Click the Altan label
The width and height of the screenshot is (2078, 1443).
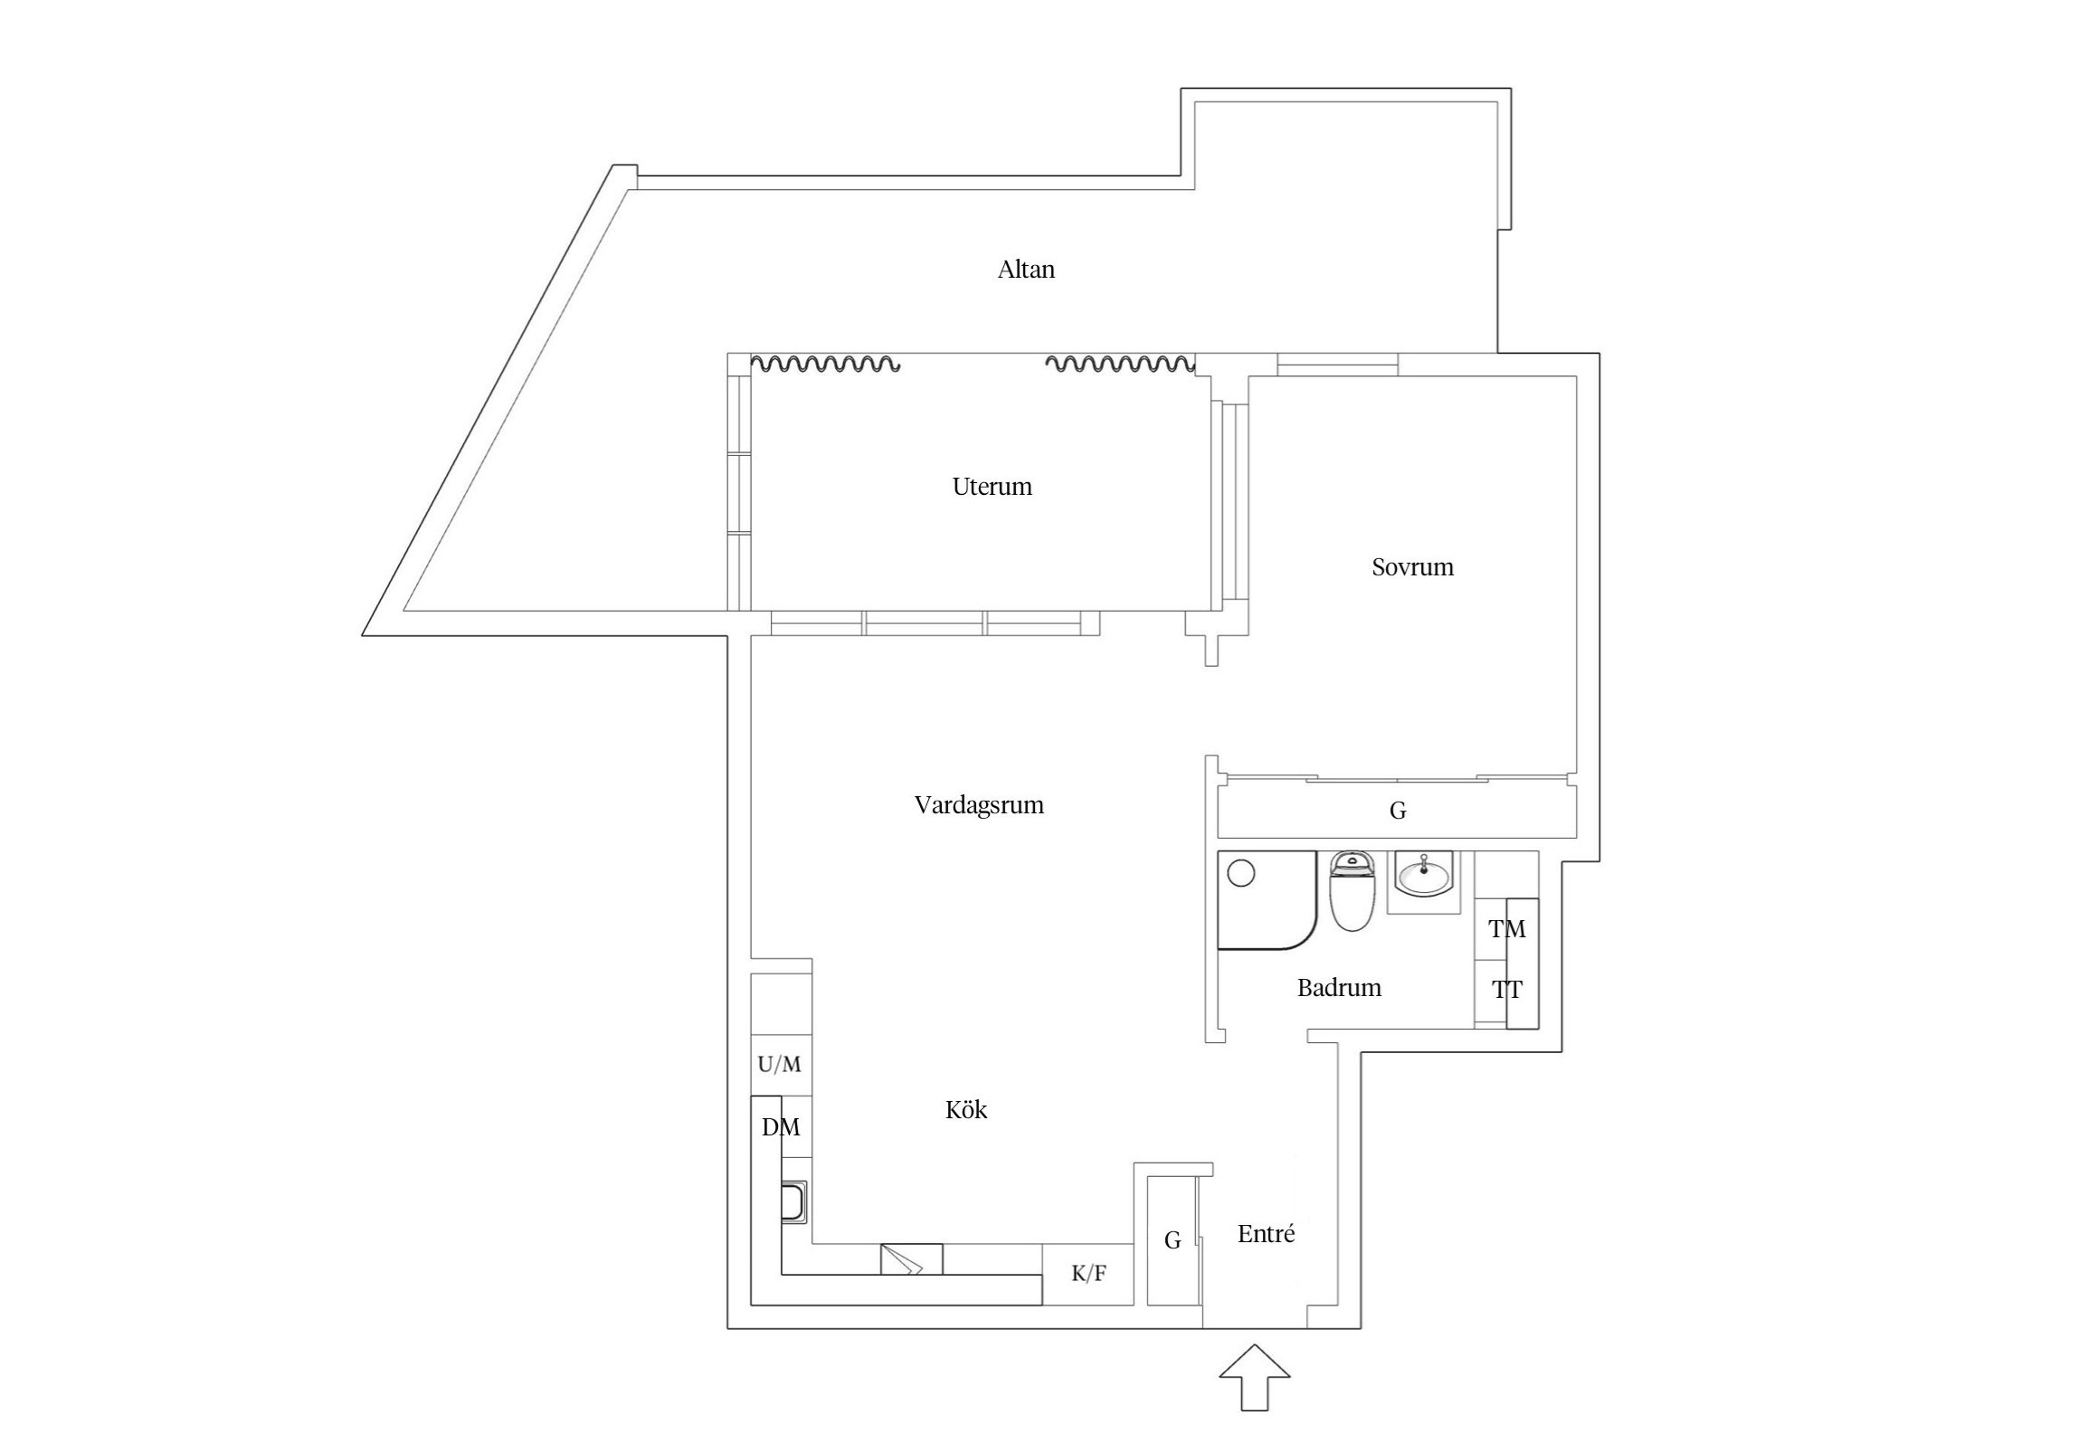tap(1026, 270)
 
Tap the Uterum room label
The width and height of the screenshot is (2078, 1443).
tap(992, 487)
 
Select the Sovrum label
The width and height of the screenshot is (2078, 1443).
tap(1412, 567)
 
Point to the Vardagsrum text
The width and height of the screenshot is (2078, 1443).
tap(979, 805)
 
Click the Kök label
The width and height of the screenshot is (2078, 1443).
tap(966, 1110)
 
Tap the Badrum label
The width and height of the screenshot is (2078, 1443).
tap(1339, 988)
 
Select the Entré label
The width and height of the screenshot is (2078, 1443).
tap(1266, 1234)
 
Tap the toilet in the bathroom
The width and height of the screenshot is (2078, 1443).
tap(1352, 894)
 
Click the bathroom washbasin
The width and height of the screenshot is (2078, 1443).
tap(1425, 876)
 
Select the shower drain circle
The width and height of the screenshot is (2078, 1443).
tap(1242, 874)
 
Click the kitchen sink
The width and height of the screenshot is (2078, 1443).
tap(795, 1203)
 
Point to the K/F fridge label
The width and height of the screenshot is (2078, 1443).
tap(1088, 1274)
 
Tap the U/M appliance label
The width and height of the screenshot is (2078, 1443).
tap(779, 1065)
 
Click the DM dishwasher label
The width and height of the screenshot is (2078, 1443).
tap(780, 1127)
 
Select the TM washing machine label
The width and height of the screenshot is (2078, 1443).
tap(1507, 929)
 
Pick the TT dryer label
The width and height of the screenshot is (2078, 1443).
tap(1507, 991)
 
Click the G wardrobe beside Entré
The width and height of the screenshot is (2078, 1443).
tap(1172, 1240)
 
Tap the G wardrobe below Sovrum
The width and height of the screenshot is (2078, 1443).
tap(1397, 812)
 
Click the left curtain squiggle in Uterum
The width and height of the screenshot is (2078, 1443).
tap(826, 365)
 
